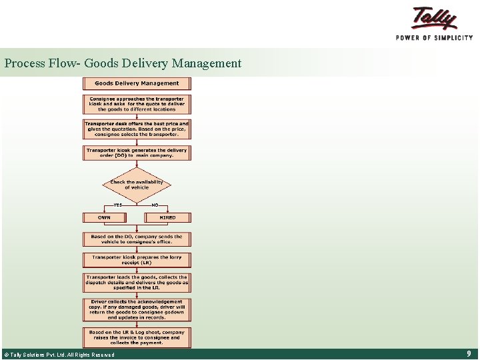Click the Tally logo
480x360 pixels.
coord(434,18)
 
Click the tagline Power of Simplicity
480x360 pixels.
coord(434,37)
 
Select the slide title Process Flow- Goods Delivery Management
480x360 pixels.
coord(123,63)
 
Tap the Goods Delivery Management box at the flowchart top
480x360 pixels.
coord(137,83)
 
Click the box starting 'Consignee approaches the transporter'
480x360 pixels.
coord(137,104)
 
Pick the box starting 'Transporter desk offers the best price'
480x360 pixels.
coord(137,129)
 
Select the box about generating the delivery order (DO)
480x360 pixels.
coord(137,153)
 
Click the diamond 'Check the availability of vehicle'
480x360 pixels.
coord(137,185)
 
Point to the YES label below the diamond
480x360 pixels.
coord(118,205)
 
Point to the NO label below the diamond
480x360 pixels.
coord(155,205)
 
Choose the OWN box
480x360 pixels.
coord(104,217)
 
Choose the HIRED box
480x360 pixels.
coord(168,217)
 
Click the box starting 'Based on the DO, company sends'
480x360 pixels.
coord(137,239)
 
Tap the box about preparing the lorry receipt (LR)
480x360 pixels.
coord(137,259)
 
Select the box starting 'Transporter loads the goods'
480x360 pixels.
coord(137,282)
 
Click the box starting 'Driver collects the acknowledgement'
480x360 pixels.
coord(137,309)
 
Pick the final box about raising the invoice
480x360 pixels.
coord(137,337)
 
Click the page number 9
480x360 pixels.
coord(469,354)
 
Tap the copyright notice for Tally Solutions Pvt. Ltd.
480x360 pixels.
coord(59,355)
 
